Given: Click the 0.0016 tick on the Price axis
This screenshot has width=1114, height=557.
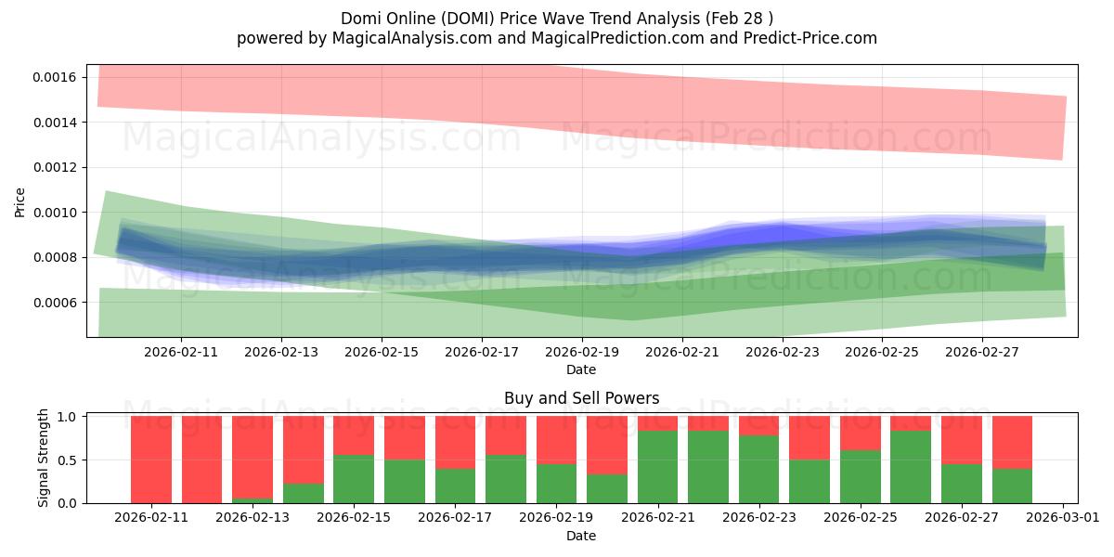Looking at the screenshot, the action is tap(54, 78).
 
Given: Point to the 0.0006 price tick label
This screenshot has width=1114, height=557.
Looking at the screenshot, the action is tap(54, 303).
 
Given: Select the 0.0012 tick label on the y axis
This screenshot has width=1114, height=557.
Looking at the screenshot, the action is tap(54, 168).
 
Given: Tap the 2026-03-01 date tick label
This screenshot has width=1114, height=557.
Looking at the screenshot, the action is tap(1063, 518).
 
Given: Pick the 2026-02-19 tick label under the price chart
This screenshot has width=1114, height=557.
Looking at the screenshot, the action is tap(582, 352).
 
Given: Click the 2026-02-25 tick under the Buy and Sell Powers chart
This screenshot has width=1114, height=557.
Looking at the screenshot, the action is tap(861, 518).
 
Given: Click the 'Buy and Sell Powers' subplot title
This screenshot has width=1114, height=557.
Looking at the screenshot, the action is tap(582, 398).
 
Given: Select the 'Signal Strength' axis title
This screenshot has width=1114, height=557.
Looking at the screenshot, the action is tap(44, 458).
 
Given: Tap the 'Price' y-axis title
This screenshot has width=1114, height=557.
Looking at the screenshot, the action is tap(19, 202).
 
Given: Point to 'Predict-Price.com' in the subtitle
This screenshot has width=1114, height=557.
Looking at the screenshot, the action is tap(810, 38).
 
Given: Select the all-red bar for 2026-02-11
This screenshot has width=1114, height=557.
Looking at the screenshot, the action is tap(151, 460).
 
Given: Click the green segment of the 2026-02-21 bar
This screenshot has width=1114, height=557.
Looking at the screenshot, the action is tap(658, 467).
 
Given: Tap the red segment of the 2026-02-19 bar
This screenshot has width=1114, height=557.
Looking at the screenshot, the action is tap(556, 440).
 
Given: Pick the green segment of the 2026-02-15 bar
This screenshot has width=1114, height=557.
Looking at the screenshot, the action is tap(354, 479).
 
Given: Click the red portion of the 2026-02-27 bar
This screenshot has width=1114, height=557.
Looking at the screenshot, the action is tap(962, 440).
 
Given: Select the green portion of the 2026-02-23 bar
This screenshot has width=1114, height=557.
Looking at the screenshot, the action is tap(759, 470).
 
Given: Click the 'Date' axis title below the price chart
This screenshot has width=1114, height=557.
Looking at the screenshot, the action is tap(581, 369).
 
